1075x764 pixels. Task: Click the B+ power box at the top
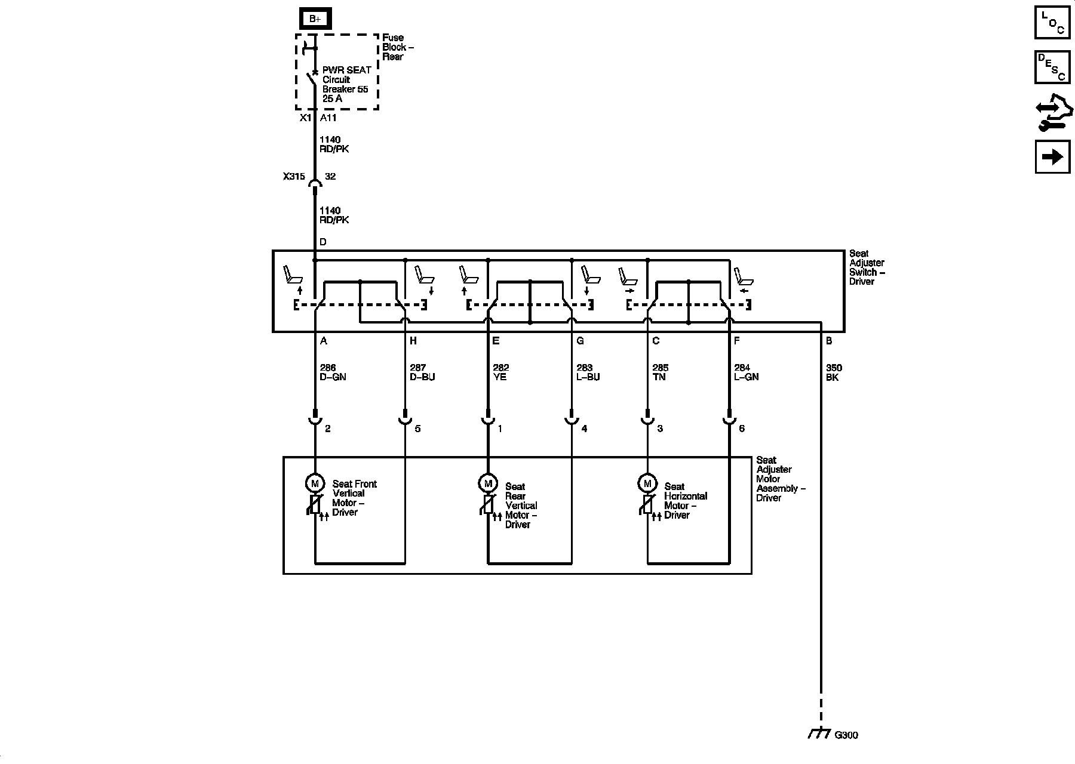point(315,19)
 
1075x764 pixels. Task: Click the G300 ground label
point(846,735)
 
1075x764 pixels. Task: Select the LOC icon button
point(1052,23)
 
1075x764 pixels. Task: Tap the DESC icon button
point(1052,67)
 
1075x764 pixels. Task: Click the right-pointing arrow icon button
point(1052,157)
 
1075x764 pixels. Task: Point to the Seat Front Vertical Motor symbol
point(314,483)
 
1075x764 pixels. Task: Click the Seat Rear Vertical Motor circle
point(487,483)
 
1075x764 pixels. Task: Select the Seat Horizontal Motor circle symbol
point(647,483)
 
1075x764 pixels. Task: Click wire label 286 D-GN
point(333,372)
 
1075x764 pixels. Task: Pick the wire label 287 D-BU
point(422,372)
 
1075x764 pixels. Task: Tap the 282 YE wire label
point(501,372)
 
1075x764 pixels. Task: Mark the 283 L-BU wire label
point(588,372)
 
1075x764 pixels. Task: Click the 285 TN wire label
point(661,372)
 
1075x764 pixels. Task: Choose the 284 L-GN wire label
point(747,372)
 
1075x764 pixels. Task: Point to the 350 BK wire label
point(833,372)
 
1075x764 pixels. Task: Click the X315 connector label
point(294,177)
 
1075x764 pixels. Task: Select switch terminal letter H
point(413,341)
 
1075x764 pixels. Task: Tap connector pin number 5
point(417,429)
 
